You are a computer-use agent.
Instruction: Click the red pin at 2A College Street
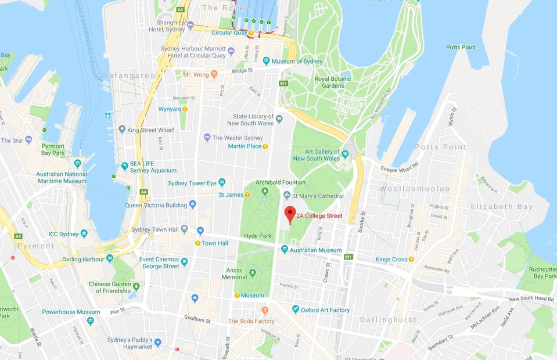pyautogui.click(x=289, y=214)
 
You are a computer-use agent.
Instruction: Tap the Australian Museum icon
pyautogui.click(x=285, y=250)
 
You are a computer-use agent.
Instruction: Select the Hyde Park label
pyautogui.click(x=258, y=236)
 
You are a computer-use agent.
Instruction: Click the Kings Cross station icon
pyautogui.click(x=412, y=259)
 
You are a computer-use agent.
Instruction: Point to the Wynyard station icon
pyautogui.click(x=185, y=109)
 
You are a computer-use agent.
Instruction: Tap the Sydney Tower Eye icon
pyautogui.click(x=221, y=183)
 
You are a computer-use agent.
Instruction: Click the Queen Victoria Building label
pyautogui.click(x=156, y=205)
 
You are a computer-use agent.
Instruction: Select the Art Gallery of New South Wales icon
pyautogui.click(x=346, y=154)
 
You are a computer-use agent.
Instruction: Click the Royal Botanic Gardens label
pyautogui.click(x=329, y=82)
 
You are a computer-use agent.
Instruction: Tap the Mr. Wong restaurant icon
pyautogui.click(x=214, y=74)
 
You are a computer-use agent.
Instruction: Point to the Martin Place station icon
pyautogui.click(x=265, y=146)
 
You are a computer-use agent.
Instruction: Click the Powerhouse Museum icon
pyautogui.click(x=91, y=321)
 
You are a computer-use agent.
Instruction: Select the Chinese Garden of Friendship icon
pyautogui.click(x=136, y=287)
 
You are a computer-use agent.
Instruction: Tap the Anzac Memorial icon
pyautogui.click(x=253, y=273)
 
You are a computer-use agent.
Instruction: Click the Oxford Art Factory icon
pyautogui.click(x=295, y=309)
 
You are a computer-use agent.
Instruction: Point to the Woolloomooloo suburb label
pyautogui.click(x=415, y=189)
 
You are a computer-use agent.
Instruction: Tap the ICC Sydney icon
pyautogui.click(x=84, y=233)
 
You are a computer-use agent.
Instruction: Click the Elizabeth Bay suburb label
pyautogui.click(x=501, y=207)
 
